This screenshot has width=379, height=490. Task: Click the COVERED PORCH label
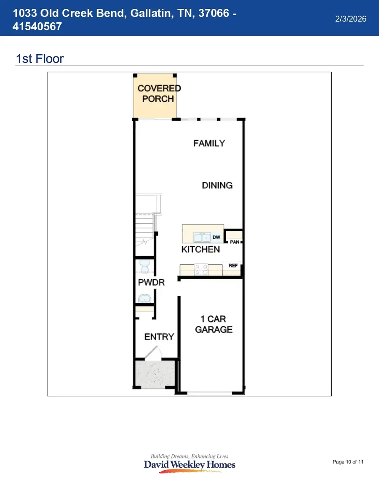[159, 93]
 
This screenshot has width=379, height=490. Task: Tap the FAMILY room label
[209, 143]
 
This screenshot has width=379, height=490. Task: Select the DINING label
[217, 185]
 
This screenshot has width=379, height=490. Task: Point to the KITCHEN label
[200, 249]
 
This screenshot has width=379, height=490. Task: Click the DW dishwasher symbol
[216, 238]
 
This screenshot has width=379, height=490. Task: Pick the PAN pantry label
[234, 242]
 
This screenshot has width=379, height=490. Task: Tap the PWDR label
[151, 282]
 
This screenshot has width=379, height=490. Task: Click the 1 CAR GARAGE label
[214, 324]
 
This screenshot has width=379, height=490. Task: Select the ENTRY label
[159, 336]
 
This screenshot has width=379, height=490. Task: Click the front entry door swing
[152, 353]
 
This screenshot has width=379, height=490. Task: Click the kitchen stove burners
[200, 269]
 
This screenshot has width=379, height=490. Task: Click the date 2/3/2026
[350, 19]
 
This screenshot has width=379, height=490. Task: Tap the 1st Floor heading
[40, 58]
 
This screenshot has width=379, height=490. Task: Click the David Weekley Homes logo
[189, 464]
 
